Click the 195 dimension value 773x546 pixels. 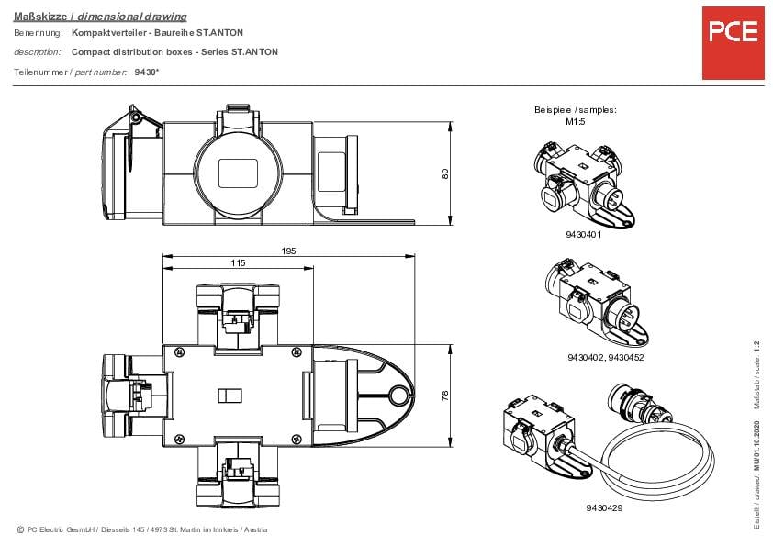pyautogui.click(x=288, y=251)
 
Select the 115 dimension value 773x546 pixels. pyautogui.click(x=237, y=262)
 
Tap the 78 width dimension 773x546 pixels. pyautogui.click(x=444, y=396)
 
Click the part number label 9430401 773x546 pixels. pyautogui.click(x=583, y=235)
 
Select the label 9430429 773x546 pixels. pyautogui.click(x=603, y=507)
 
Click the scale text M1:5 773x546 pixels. pyautogui.click(x=576, y=120)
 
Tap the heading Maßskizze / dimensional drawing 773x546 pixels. pyautogui.click(x=100, y=17)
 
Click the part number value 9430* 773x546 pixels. pyautogui.click(x=145, y=72)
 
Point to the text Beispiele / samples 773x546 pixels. pyautogui.click(x=576, y=109)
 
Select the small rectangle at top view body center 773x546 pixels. pyautogui.click(x=229, y=396)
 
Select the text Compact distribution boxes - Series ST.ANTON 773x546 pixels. pyautogui.click(x=174, y=52)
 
